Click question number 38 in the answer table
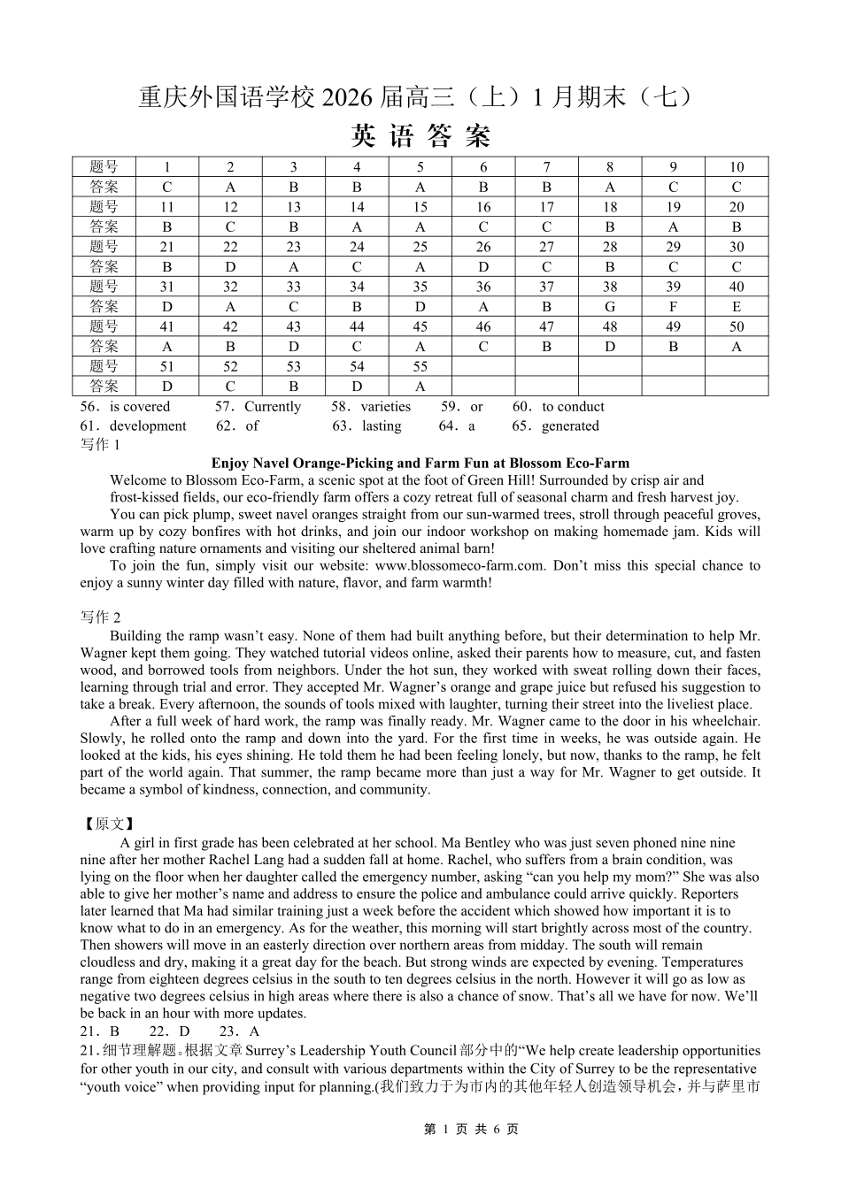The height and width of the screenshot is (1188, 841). coord(610,287)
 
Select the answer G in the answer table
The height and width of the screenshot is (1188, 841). coord(610,307)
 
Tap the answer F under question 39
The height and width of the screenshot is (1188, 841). coord(673,307)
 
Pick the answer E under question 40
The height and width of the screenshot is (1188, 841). coord(737,307)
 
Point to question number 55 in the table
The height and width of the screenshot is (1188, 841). coord(420,366)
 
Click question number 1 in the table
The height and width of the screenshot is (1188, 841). coord(167,167)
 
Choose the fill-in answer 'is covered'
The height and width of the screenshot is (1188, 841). coord(139,407)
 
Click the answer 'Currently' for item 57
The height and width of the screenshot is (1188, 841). coord(273,407)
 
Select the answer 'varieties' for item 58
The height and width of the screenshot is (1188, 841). coord(385,407)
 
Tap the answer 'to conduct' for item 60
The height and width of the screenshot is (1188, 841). coord(573,407)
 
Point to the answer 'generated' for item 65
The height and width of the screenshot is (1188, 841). coord(570,426)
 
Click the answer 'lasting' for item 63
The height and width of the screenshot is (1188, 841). coord(382,426)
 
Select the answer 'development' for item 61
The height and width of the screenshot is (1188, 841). coord(148,426)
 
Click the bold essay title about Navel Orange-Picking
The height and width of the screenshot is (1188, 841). coord(420,463)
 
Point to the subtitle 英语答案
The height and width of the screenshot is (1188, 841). coord(420,136)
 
